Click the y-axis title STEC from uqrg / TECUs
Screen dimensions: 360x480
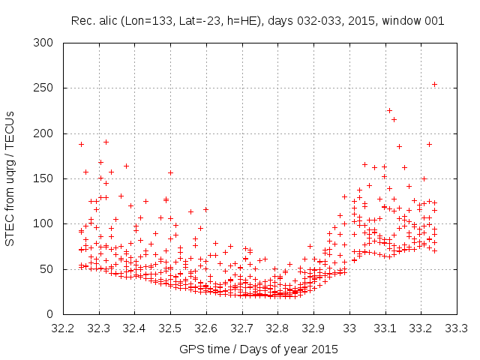click(x=11, y=178)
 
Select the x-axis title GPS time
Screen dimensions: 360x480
click(x=258, y=349)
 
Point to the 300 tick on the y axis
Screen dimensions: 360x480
click(x=48, y=43)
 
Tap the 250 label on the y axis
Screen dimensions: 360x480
click(x=48, y=88)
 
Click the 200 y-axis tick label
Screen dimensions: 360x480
click(x=48, y=133)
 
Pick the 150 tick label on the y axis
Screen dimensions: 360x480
click(x=48, y=178)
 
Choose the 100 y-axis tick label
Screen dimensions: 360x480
click(x=48, y=223)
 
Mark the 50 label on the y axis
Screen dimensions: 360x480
click(x=51, y=268)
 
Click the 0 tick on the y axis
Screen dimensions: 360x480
click(x=54, y=313)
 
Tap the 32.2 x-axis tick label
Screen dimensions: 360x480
click(x=63, y=328)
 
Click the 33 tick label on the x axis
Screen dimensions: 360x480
click(x=349, y=328)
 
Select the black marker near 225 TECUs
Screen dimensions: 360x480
click(x=389, y=110)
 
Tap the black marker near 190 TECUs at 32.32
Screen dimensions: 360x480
click(x=106, y=142)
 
